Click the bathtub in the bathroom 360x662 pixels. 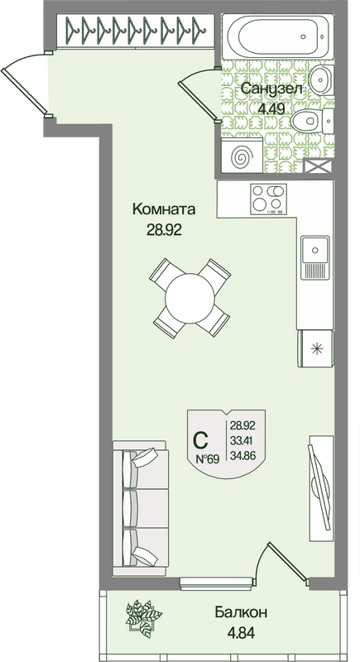[x=278, y=36]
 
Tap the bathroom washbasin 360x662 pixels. [x=323, y=79]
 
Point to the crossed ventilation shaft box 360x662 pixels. [x=319, y=166]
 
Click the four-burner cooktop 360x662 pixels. [x=268, y=198]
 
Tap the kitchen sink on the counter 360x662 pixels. [x=314, y=257]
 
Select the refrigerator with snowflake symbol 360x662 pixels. [x=315, y=348]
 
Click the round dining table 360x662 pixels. [x=190, y=299]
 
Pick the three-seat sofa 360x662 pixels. [x=141, y=508]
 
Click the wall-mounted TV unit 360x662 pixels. [x=321, y=488]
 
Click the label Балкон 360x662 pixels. [x=241, y=612]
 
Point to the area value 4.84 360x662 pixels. [x=241, y=633]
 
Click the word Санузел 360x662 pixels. [x=271, y=89]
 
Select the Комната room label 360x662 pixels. [x=164, y=209]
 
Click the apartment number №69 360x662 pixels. [x=208, y=459]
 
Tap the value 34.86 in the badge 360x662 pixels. [x=243, y=455]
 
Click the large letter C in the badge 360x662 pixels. [x=200, y=441]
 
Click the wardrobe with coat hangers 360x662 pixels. [x=134, y=31]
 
